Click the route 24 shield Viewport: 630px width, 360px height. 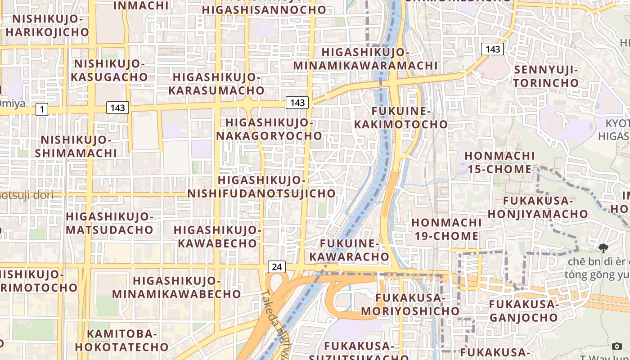pos(277,267)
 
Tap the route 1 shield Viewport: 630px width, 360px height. pos(42,109)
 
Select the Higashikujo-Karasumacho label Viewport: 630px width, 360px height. pos(216,84)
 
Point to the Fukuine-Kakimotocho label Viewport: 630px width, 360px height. pos(401,117)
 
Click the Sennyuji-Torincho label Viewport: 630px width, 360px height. pos(546,76)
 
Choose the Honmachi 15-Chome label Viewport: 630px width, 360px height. pos(499,162)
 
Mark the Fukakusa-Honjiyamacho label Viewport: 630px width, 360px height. pos(538,207)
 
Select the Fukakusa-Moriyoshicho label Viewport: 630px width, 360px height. pos(410,304)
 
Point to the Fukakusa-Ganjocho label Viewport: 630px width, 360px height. pos(523,311)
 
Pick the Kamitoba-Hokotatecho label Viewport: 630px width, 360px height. pos(121,340)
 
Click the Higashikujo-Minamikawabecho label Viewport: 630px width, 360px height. pos(176,288)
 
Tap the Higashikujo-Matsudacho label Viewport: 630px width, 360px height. pos(110,223)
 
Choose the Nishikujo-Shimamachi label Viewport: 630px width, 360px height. pos(76,146)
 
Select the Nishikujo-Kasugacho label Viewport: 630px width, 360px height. pos(109,70)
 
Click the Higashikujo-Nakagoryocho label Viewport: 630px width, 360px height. pos(269,129)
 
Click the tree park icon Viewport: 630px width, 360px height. pos(603,248)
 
